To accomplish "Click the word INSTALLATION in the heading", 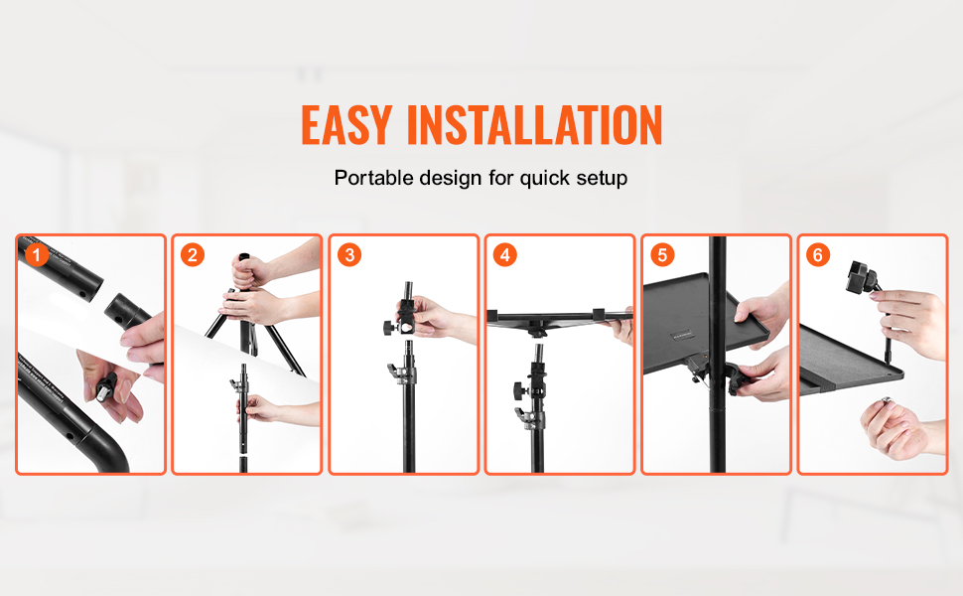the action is (x=535, y=125).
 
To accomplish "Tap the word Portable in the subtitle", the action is (x=373, y=178).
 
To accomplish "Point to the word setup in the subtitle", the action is (x=602, y=178).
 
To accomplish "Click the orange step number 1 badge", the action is (x=37, y=254).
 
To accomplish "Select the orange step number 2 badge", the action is (x=193, y=254).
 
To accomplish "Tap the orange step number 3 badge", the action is (x=349, y=254).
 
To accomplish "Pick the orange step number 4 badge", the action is (x=505, y=254).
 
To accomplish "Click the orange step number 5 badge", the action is (x=662, y=254).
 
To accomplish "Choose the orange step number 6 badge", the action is (x=818, y=254).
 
